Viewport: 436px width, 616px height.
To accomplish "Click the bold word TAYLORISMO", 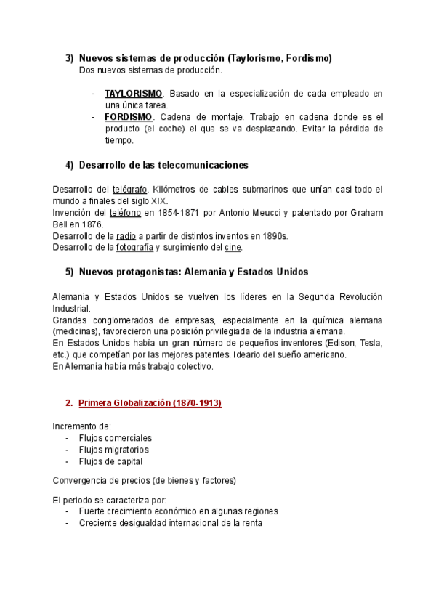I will click(x=134, y=94).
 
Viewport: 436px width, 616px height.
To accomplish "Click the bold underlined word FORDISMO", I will click(x=128, y=117).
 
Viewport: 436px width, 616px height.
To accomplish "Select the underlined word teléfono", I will click(x=125, y=213).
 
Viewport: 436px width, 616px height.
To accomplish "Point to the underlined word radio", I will click(x=126, y=236).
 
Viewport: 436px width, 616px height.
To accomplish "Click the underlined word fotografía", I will click(x=134, y=248).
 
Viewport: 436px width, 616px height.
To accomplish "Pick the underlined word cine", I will click(x=233, y=248).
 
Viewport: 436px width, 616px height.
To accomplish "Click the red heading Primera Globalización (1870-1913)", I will click(x=149, y=402).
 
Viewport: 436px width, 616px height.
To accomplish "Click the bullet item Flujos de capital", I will click(x=110, y=461).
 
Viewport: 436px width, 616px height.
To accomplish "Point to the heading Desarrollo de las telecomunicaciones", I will click(x=163, y=165).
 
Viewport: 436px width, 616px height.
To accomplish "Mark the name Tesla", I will click(x=371, y=343).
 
